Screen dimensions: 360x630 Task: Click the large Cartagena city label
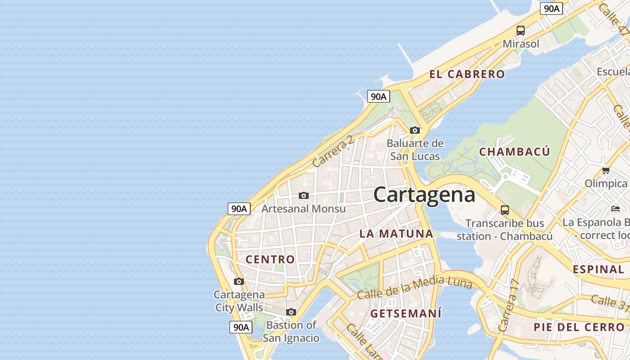coord(424,195)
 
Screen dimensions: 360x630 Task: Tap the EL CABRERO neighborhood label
coord(467,74)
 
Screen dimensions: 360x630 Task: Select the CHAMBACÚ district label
coord(514,152)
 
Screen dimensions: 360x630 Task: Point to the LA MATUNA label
coord(396,234)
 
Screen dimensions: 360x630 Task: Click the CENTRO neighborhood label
coord(270,259)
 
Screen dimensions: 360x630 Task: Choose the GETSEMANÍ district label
coord(405,313)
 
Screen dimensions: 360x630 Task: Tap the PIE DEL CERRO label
coord(579,327)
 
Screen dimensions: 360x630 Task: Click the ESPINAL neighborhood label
coord(598,270)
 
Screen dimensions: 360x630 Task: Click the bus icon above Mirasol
coord(521,31)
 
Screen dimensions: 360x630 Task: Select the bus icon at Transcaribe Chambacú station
coord(505,210)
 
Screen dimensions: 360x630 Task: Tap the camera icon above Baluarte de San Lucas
coord(415,130)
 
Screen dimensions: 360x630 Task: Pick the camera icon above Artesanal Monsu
coord(304,195)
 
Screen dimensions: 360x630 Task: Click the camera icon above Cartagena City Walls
coord(239,282)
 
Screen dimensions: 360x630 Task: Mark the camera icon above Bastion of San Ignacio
coord(291,312)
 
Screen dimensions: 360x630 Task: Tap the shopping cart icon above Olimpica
coord(606,171)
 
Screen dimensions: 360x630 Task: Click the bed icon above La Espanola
coord(616,208)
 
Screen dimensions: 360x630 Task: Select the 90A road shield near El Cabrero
coord(378,96)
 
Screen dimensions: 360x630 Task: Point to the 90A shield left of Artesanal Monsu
coord(238,209)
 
